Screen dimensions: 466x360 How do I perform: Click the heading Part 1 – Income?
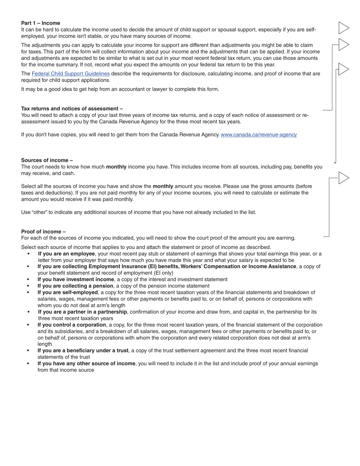tap(41, 23)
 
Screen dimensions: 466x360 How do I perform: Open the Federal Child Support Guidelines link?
tap(70, 73)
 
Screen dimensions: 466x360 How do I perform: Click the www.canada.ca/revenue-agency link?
tap(258, 134)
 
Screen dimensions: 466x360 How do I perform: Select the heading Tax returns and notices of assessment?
tap(72, 108)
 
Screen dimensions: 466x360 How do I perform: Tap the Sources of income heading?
tap(47, 160)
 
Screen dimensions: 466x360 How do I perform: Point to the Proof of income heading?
tap(43, 231)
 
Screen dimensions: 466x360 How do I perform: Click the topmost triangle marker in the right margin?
tap(343, 28)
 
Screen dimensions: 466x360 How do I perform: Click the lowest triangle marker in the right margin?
tap(343, 178)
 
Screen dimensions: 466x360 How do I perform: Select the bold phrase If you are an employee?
tap(66, 254)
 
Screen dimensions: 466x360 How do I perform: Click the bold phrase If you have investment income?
tap(75, 279)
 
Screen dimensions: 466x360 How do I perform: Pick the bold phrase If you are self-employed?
tap(67, 292)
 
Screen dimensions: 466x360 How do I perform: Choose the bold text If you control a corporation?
tap(72, 325)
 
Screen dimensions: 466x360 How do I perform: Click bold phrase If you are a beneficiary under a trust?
tap(83, 350)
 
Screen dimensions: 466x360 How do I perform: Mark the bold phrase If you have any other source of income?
tap(86, 363)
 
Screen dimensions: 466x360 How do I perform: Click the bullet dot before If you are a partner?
tap(28, 312)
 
